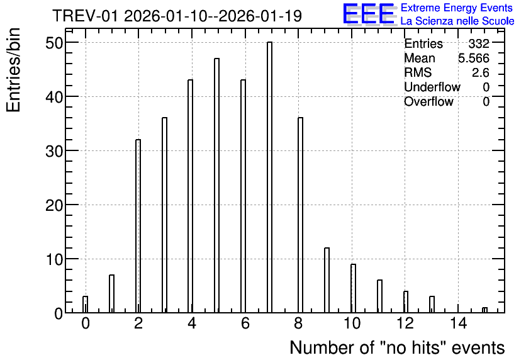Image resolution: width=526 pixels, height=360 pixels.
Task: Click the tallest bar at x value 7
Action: coord(269,177)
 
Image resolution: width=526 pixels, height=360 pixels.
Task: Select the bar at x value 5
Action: coord(216,186)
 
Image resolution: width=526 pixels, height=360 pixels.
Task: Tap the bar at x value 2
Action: coord(138,226)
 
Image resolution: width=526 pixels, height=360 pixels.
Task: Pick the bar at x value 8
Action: coord(300,215)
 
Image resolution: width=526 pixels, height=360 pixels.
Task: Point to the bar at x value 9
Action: coord(327,280)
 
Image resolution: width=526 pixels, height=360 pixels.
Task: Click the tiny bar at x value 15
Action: coord(484,310)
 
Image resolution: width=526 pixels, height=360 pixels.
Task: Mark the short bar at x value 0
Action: coord(85,305)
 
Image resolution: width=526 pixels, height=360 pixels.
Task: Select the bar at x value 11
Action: coord(379,296)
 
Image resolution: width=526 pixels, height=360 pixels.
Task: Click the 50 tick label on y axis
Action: coord(54,43)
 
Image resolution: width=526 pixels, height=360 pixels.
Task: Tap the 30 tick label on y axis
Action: coord(54,151)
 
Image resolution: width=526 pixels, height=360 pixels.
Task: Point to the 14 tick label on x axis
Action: coord(458,323)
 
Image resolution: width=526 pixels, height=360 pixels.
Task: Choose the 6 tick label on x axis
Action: coord(245,323)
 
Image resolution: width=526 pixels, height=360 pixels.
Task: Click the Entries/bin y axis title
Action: coord(13,70)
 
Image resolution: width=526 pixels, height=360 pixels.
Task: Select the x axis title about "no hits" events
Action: coord(397,347)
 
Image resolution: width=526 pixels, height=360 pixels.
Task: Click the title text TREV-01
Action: coord(86,16)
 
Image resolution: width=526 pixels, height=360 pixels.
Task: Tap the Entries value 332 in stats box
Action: coord(479,43)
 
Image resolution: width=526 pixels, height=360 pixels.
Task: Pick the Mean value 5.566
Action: coord(474,58)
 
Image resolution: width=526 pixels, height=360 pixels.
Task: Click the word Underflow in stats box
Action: coord(432,87)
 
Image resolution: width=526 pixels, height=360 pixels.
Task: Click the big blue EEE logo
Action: coord(369,14)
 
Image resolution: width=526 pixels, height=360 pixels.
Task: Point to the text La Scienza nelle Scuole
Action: coord(457,21)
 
